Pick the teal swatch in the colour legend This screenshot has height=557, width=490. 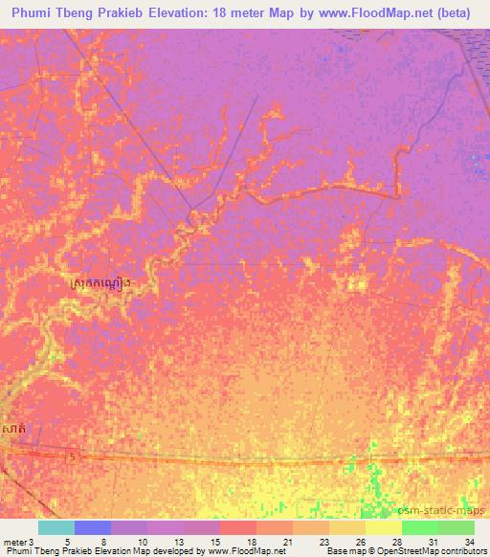tap(56, 527)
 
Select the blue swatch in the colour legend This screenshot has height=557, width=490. tap(93, 527)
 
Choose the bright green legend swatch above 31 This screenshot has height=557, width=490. tap(420, 527)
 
